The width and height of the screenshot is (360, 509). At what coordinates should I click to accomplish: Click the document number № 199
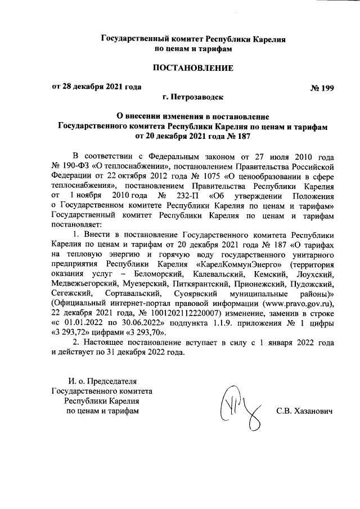[322, 88]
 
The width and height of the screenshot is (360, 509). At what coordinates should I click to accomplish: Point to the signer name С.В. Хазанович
[305, 411]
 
